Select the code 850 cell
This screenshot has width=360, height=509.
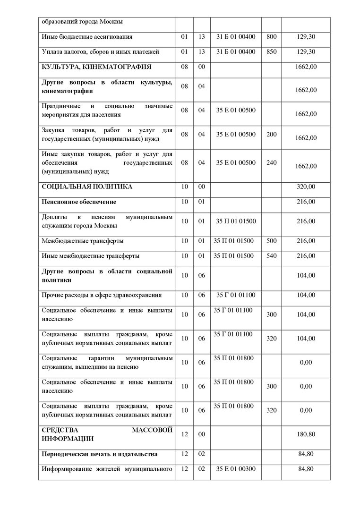click(271, 52)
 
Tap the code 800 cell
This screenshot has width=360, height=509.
click(271, 36)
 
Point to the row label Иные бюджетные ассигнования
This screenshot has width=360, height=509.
click(87, 36)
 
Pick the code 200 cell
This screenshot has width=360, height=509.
click(271, 135)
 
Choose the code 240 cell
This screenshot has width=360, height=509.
click(271, 163)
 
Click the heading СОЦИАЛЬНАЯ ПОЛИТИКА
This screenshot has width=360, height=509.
click(87, 187)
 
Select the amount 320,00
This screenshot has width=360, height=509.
click(306, 187)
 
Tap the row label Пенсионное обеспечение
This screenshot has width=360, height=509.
click(79, 202)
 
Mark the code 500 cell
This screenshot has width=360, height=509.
click(271, 241)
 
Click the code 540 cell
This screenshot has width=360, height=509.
click(271, 256)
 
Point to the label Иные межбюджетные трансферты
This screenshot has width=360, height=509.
click(91, 256)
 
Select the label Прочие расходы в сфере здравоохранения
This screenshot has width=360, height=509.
click(102, 295)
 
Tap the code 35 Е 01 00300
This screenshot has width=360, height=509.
click(236, 469)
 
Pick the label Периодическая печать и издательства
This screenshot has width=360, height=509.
click(100, 454)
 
